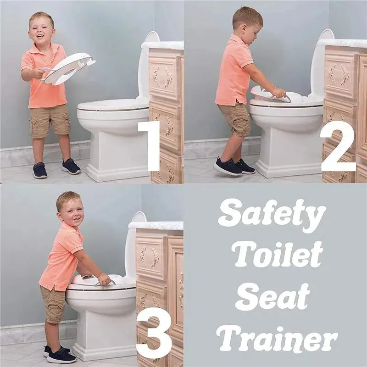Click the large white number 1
[x=150, y=146]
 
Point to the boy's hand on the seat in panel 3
[x=104, y=279]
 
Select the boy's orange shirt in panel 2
[x=234, y=73]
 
